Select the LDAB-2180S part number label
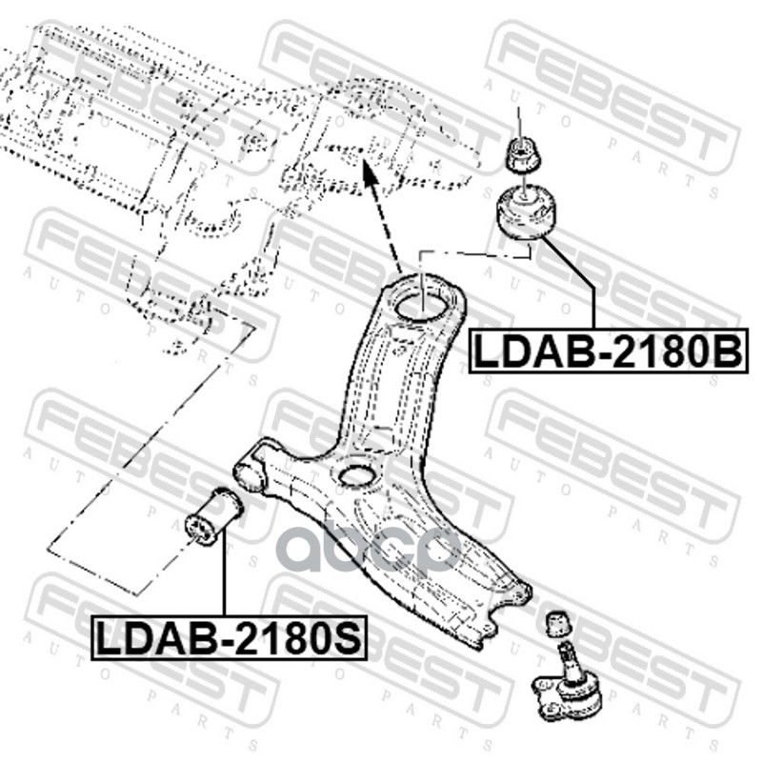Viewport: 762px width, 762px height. [x=229, y=637]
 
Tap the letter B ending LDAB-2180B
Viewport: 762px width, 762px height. [x=726, y=351]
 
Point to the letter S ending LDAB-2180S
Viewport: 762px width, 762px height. [x=349, y=637]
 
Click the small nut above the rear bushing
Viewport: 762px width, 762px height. [x=519, y=153]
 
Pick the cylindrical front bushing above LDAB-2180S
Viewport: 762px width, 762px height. [x=212, y=516]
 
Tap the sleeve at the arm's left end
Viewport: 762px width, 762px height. [x=251, y=471]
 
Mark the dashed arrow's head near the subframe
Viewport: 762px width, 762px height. [x=366, y=172]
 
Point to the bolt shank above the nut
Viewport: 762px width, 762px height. [x=519, y=122]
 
